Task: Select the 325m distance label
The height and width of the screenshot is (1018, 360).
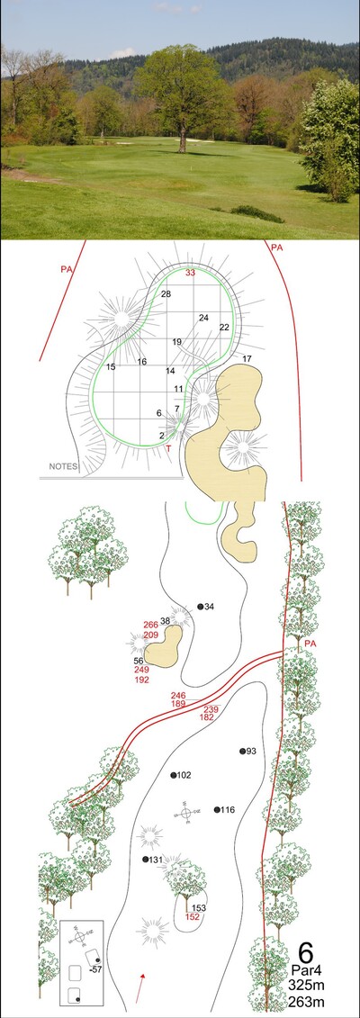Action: [x=306, y=986]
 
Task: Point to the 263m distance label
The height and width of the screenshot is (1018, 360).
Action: [x=306, y=1002]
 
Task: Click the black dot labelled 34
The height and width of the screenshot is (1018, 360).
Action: [x=201, y=607]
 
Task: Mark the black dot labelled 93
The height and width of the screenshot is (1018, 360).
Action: [x=243, y=752]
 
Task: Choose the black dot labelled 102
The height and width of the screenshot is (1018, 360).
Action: [x=174, y=775]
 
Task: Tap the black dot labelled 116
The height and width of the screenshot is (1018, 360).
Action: [x=217, y=809]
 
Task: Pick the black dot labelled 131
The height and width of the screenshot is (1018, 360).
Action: [x=146, y=860]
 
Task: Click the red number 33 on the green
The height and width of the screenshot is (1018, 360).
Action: [x=190, y=273]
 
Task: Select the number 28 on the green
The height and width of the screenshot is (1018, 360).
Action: [x=166, y=294]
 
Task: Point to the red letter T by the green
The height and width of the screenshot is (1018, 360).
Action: [x=168, y=448]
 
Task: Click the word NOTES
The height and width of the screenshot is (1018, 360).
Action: [x=64, y=466]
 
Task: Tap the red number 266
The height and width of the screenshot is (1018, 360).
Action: [x=150, y=625]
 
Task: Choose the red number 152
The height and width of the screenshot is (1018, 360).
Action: [x=193, y=916]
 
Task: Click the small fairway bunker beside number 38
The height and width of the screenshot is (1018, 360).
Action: [x=163, y=646]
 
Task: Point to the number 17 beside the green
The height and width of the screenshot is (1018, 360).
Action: [x=247, y=359]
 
